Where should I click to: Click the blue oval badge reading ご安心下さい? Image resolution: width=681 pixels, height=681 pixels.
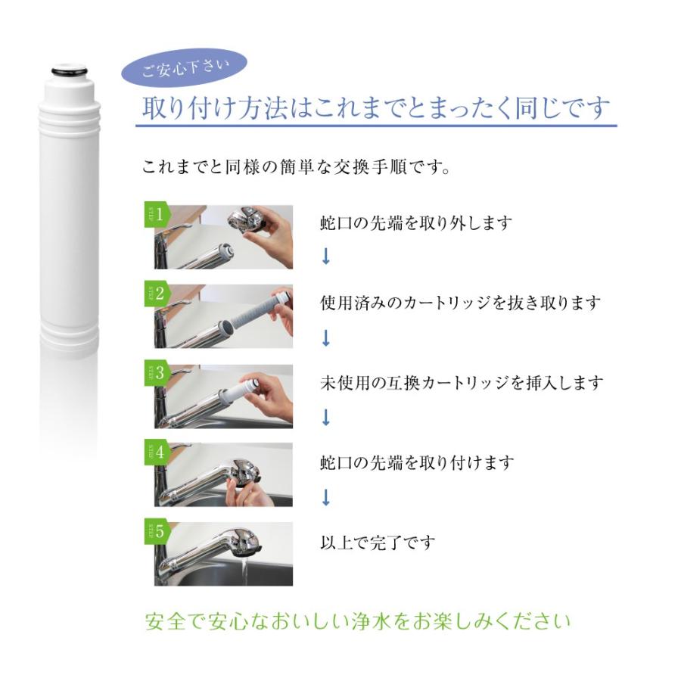coord(184,70)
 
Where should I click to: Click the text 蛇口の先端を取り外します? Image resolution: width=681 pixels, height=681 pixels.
coord(415,223)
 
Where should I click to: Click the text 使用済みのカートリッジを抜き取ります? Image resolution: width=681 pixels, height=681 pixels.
coord(460,303)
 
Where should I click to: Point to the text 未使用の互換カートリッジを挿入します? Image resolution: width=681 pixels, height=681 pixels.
coord(462,383)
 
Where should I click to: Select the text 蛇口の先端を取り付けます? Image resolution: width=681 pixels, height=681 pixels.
coord(416,462)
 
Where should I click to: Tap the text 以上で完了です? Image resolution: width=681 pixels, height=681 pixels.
coord(378,543)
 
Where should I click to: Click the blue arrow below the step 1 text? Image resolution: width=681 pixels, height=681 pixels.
coord(326,257)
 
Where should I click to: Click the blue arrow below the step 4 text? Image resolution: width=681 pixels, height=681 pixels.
coord(326,497)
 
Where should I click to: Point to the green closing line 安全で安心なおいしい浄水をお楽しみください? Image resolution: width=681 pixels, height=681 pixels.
coord(357,622)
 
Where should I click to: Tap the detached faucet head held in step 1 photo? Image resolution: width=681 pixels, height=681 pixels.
coord(247,219)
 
